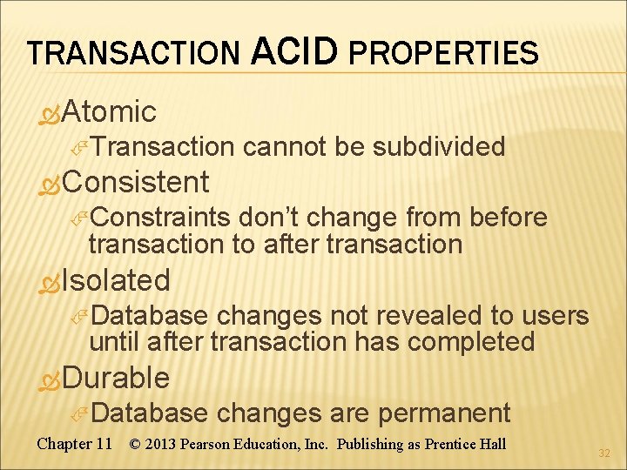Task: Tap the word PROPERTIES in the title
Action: pos(442,54)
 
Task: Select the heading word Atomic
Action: pos(109,111)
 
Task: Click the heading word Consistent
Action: pos(135,182)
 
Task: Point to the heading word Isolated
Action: pos(116,280)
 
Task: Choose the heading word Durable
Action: pos(116,378)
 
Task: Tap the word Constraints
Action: pos(159,217)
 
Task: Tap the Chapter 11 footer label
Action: pos(75,444)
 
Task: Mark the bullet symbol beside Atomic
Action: pos(51,113)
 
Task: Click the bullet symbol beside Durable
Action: pos(51,379)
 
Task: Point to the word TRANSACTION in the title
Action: pos(132,55)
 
